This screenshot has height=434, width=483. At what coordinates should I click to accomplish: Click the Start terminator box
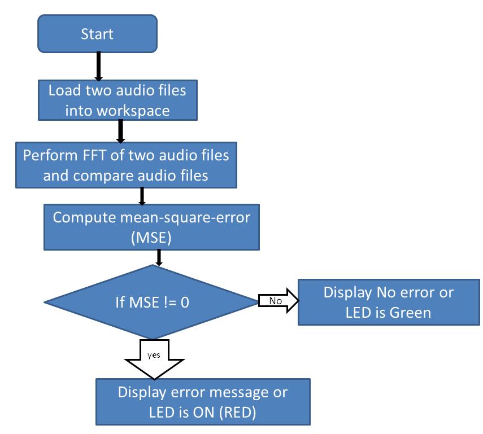pos(97,34)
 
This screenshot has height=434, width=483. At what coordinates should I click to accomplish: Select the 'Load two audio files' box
pos(117,100)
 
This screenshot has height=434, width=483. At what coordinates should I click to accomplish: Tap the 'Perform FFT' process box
pos(125,165)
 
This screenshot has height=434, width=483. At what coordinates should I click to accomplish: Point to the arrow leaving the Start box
pos(98,67)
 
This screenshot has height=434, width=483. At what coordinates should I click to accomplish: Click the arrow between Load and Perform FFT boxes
pos(119,131)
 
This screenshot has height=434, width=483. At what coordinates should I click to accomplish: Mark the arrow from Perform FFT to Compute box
pos(142,195)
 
